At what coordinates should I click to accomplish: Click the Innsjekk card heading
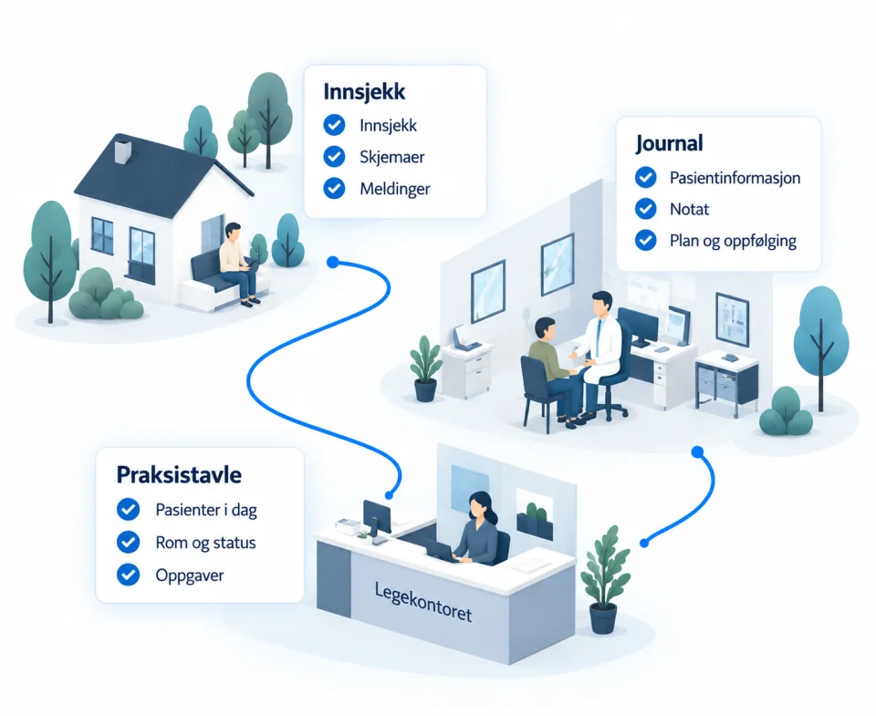[x=364, y=92]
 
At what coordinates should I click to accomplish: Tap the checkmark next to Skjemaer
[x=334, y=157]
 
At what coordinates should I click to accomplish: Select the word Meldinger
[x=394, y=190]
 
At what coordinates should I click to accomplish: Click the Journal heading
[x=669, y=143]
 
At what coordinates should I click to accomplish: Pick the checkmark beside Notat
[x=646, y=209]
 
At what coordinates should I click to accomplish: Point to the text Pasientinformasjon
[x=735, y=178]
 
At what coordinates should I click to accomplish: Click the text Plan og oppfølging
[x=733, y=242]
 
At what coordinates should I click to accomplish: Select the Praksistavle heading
[x=179, y=474]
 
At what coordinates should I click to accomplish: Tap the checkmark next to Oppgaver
[x=128, y=575]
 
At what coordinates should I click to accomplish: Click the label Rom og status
[x=205, y=543]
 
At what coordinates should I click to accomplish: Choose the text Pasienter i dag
[x=206, y=510]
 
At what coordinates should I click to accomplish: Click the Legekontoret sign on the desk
[x=422, y=603]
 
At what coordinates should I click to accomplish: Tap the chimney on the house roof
[x=123, y=151]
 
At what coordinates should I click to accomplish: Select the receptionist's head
[x=479, y=505]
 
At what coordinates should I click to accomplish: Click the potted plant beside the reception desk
[x=604, y=580]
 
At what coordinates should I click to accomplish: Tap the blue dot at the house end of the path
[x=333, y=262]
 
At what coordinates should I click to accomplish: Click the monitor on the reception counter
[x=377, y=519]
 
